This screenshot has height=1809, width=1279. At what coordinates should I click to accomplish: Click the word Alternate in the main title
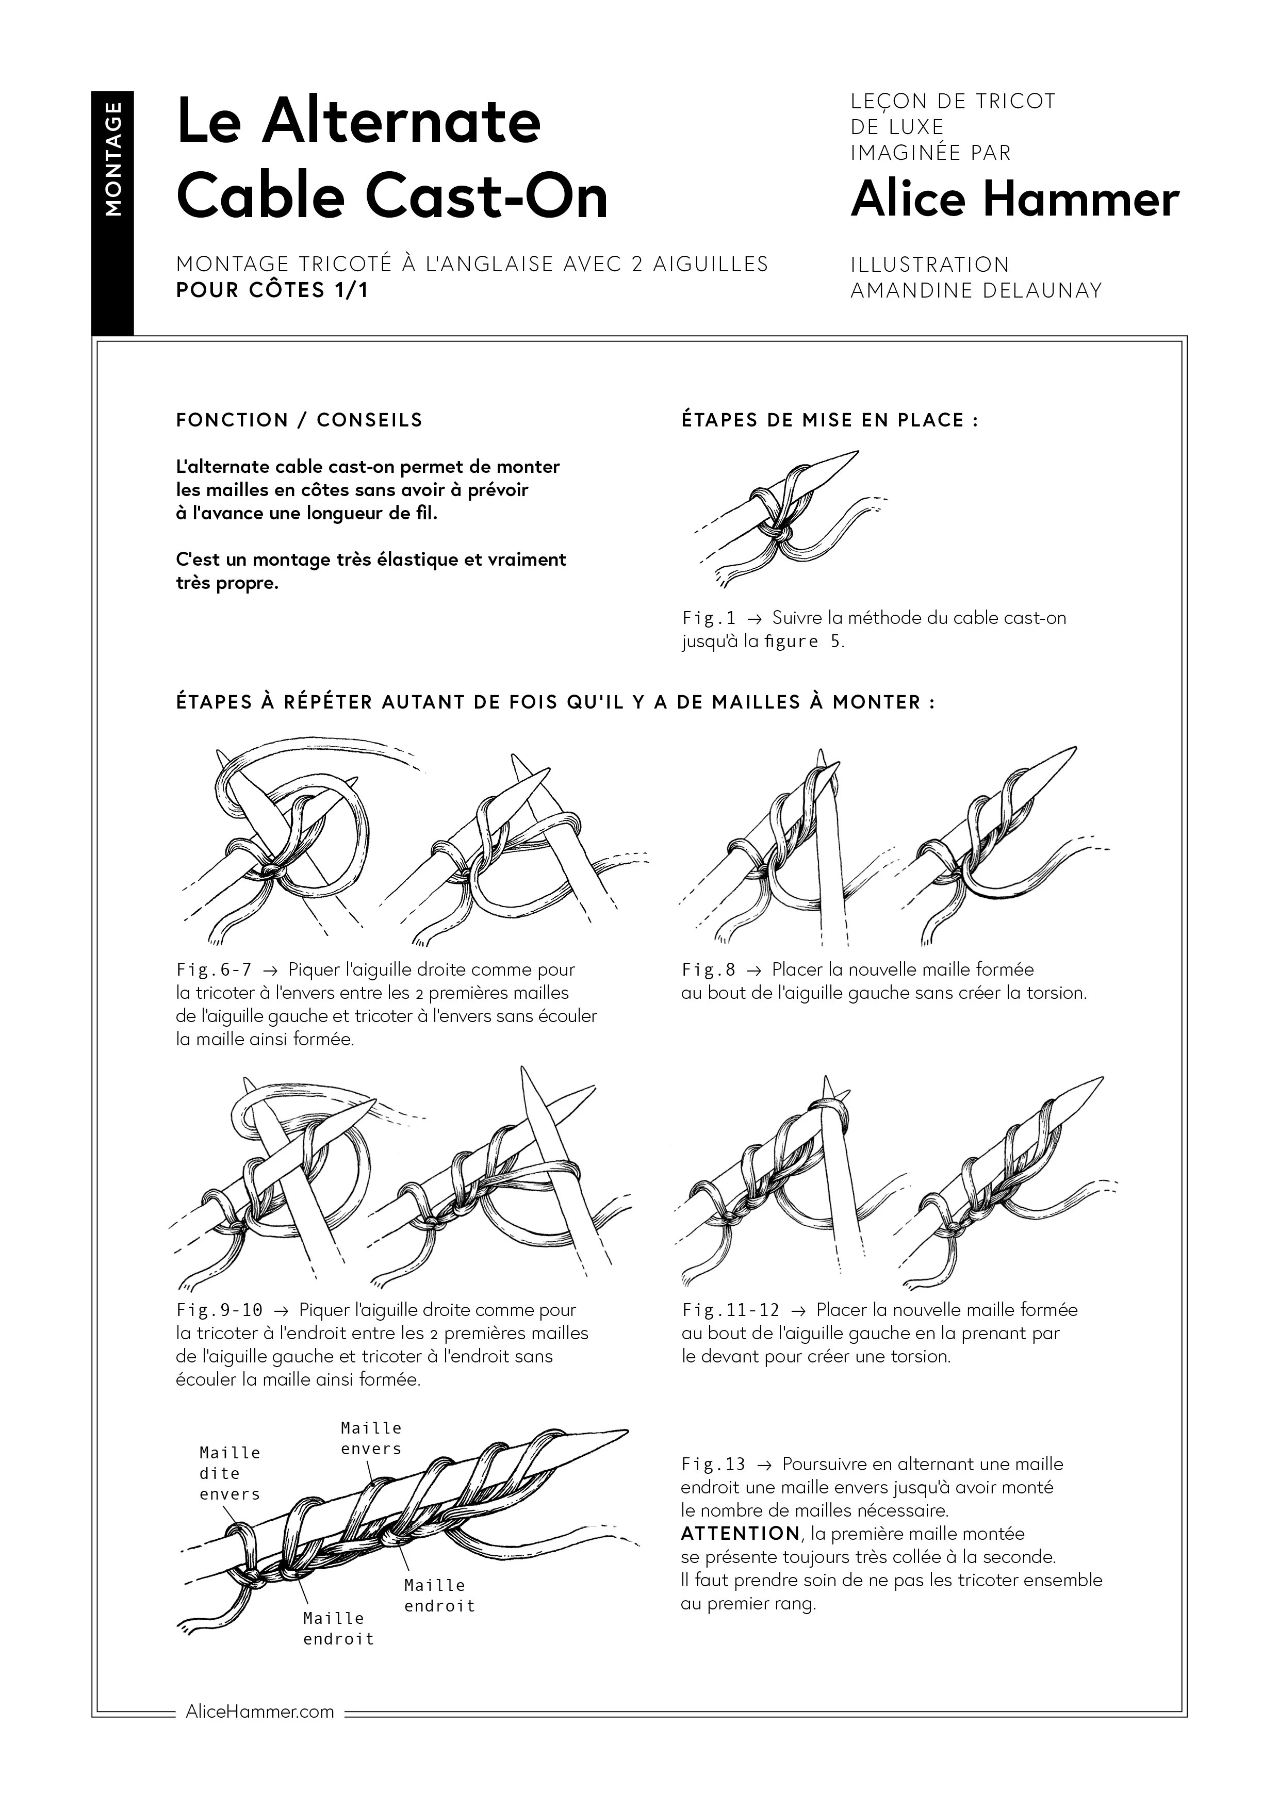click(x=401, y=122)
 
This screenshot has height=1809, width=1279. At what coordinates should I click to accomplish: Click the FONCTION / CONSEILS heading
click(x=300, y=420)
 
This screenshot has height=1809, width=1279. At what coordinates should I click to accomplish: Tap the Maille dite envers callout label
click(x=229, y=1473)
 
